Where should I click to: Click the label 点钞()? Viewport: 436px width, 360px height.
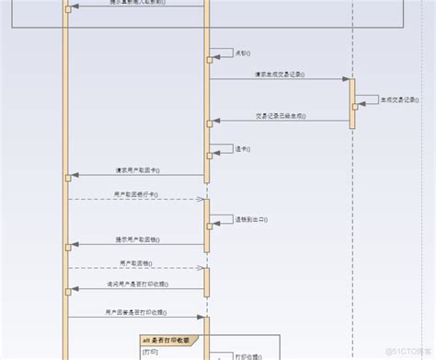[x=242, y=52]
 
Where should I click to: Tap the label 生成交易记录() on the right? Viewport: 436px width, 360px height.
[x=398, y=99]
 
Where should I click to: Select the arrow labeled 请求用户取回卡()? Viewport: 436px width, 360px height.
[x=138, y=175]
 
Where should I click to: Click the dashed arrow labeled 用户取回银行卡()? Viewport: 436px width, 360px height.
[x=138, y=199]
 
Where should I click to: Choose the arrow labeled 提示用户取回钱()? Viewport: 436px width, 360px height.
[x=138, y=245]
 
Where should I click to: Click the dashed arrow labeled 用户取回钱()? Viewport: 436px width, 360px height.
[x=138, y=268]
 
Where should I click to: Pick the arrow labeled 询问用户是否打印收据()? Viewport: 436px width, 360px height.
[x=138, y=291]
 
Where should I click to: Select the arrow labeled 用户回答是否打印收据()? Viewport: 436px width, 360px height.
[x=138, y=317]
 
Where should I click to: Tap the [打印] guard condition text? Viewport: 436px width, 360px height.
[x=150, y=352]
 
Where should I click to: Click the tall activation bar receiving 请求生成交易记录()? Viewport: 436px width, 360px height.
[x=352, y=101]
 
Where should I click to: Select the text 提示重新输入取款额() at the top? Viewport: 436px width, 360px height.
[x=139, y=2]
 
